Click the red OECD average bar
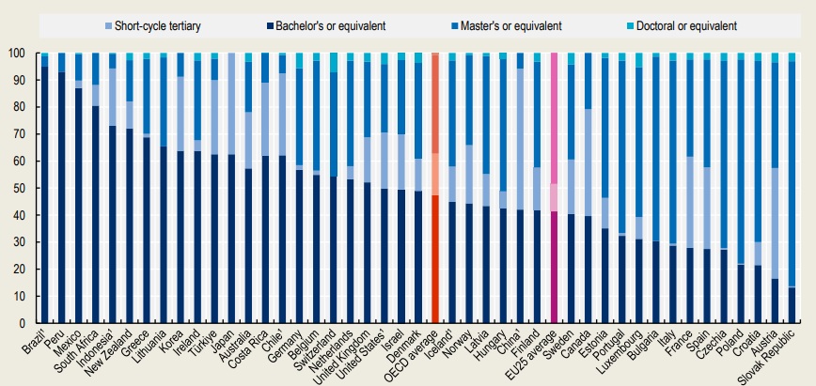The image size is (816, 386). (435, 188)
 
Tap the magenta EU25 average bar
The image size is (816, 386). (555, 188)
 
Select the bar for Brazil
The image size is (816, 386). (44, 188)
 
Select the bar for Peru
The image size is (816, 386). (61, 188)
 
